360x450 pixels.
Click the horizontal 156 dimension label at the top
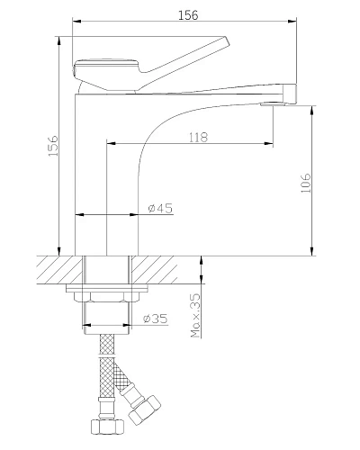[188, 15]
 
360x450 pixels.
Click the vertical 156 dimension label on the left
[53, 146]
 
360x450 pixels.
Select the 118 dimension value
[198, 138]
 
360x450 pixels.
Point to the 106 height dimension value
[306, 183]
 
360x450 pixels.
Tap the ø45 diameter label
[160, 208]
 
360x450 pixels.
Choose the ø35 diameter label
[156, 319]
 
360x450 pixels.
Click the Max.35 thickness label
[195, 316]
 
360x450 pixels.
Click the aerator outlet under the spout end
[272, 104]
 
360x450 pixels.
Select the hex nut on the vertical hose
[107, 427]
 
